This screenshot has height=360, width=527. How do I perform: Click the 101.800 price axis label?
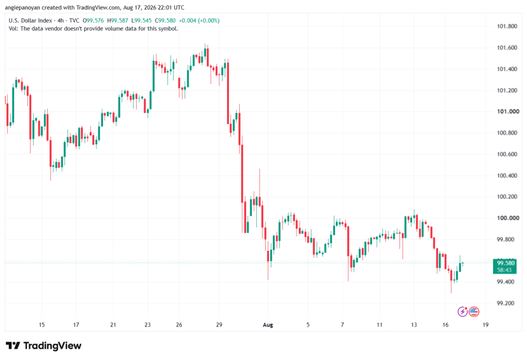click(507, 26)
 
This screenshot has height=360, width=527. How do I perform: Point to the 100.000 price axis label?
click(508, 218)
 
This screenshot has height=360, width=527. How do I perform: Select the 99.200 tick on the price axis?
click(505, 303)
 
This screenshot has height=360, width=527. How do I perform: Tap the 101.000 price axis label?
click(508, 111)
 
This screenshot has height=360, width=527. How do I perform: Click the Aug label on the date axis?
click(268, 324)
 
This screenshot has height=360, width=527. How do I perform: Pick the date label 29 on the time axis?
click(219, 324)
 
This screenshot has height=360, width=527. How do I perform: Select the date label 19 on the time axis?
click(485, 324)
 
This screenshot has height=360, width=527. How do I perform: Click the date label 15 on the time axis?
click(42, 324)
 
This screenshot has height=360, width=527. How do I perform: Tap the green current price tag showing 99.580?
click(504, 266)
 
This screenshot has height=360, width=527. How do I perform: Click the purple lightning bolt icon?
click(463, 312)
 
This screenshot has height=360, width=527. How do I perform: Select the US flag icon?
click(474, 312)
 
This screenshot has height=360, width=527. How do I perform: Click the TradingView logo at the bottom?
click(44, 346)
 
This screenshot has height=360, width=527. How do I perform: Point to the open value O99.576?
click(93, 21)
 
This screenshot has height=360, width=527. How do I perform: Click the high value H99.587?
click(118, 21)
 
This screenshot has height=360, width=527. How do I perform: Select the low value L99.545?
click(142, 21)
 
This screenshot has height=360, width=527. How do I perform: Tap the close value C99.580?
click(165, 21)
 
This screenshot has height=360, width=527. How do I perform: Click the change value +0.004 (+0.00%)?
click(199, 21)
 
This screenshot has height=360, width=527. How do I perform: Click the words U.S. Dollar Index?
click(30, 21)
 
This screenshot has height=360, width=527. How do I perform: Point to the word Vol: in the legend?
click(13, 29)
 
